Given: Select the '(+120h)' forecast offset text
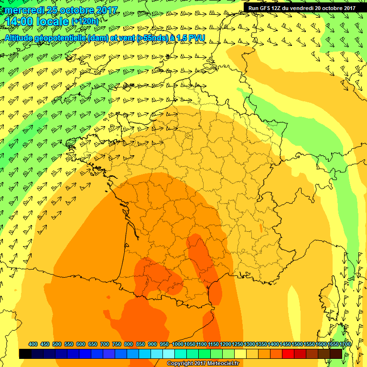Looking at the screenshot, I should tap(85, 22).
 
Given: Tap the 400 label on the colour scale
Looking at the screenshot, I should tap(33, 344).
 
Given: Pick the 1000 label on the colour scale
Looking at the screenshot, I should tap(177, 344).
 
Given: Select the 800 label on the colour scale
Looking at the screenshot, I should tap(129, 344).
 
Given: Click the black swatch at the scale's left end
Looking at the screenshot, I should tap(25, 354).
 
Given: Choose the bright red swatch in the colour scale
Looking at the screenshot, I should tap(288, 354).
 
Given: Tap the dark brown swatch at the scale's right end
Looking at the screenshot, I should tap(336, 354).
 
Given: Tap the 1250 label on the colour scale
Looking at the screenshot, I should tap(237, 344).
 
